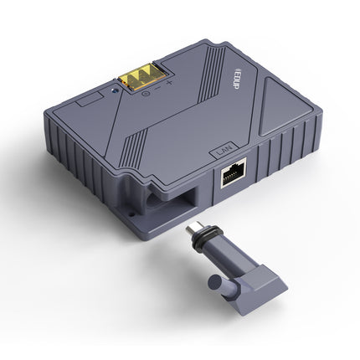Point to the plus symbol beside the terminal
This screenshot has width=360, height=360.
coord(170,83)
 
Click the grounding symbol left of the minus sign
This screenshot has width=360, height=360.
coord(147,91)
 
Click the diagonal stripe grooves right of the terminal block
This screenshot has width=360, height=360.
coord(205,75)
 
